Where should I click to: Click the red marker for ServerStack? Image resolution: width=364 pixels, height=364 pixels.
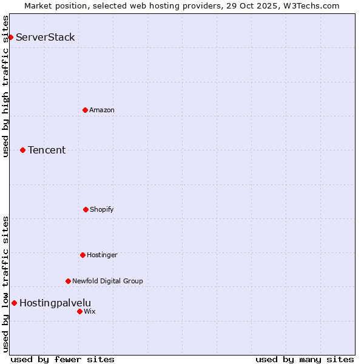[10, 37]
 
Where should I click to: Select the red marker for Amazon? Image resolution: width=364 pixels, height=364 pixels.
[85, 110]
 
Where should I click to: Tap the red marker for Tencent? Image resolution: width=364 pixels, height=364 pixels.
[22, 150]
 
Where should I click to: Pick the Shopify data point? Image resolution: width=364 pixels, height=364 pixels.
[86, 209]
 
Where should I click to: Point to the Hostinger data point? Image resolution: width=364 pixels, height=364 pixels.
[83, 255]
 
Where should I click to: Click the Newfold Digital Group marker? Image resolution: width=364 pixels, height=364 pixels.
[68, 281]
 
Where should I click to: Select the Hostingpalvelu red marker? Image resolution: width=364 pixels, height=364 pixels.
[14, 303]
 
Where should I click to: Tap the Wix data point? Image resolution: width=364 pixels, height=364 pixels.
[79, 311]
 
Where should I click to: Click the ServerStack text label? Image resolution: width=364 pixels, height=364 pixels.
[45, 37]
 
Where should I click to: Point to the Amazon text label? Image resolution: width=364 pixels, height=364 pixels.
[102, 110]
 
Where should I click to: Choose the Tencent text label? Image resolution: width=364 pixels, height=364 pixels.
[47, 150]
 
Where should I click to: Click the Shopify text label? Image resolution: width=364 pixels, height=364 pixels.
[102, 209]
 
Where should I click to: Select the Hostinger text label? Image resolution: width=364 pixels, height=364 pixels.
[102, 255]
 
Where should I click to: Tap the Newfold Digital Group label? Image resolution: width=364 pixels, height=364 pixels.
[107, 281]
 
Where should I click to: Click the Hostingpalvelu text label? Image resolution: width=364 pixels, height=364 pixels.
[55, 303]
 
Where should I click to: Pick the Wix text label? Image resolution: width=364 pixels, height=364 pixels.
[90, 311]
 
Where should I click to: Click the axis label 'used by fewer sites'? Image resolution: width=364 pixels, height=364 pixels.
[62, 359]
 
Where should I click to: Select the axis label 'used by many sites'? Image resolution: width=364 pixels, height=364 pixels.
[305, 359]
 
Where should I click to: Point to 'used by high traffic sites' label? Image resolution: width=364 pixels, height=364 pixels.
[5, 86]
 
